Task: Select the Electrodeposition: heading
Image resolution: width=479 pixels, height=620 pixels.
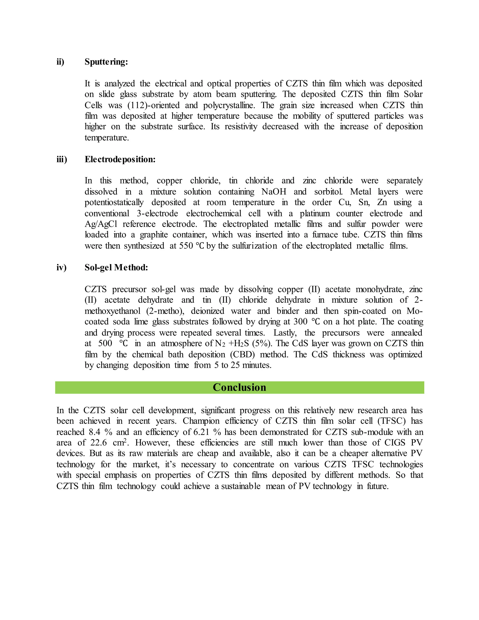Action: click(x=120, y=159)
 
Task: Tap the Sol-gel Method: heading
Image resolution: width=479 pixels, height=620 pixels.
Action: click(x=116, y=267)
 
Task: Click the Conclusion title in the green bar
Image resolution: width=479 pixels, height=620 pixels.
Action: click(x=239, y=387)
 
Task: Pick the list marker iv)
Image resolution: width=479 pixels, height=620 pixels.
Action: click(x=61, y=267)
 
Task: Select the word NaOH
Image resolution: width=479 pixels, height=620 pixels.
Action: click(x=274, y=192)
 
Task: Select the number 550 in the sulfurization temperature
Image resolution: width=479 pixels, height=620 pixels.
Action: click(x=186, y=246)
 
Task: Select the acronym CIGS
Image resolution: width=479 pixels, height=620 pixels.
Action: click(x=394, y=443)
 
